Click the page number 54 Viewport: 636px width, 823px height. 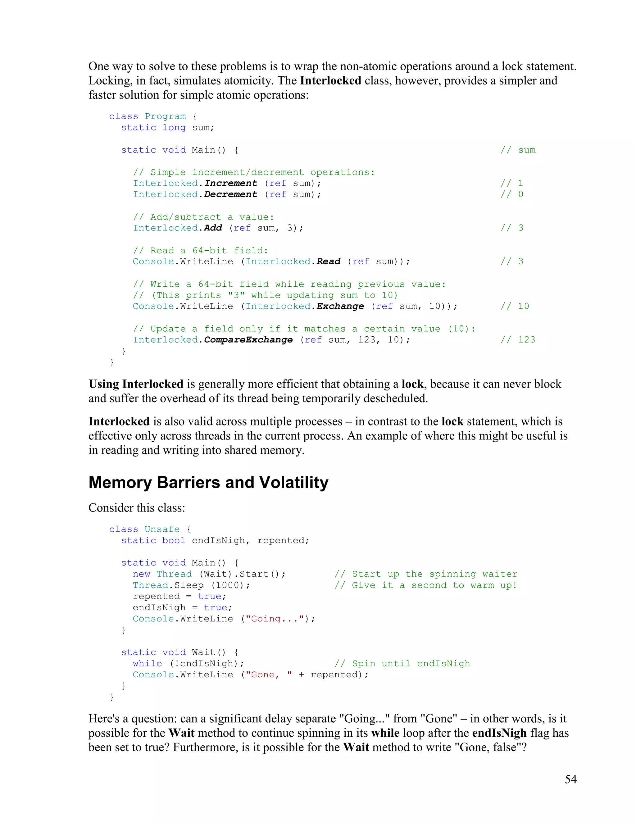(x=570, y=779)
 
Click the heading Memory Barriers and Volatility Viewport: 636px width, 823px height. (x=208, y=482)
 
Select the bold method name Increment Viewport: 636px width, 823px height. (x=231, y=183)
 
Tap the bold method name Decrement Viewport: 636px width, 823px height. (x=231, y=194)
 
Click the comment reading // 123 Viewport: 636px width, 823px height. (x=518, y=340)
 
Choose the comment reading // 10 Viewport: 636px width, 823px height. (x=515, y=306)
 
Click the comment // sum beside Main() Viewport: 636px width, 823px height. (x=518, y=150)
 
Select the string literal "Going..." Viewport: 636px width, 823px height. (x=275, y=619)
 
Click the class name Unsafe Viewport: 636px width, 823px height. (x=162, y=529)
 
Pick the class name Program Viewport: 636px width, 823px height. (x=166, y=116)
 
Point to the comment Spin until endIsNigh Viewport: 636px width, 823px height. (x=402, y=664)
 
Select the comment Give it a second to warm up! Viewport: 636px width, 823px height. (x=426, y=585)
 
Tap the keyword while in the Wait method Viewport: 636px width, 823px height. (x=147, y=664)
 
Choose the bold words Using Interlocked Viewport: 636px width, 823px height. (x=136, y=384)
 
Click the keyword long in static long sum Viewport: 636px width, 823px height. (x=174, y=128)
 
